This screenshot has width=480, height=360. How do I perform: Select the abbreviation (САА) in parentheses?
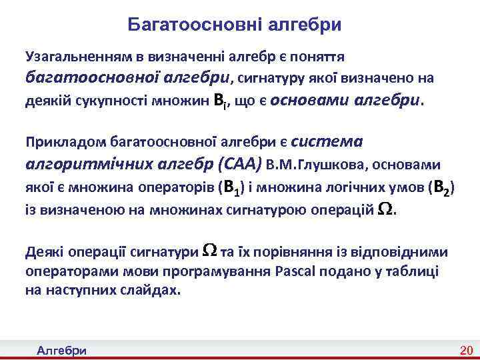pyautogui.click(x=238, y=163)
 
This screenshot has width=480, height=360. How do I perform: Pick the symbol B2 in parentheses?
pyautogui.click(x=442, y=188)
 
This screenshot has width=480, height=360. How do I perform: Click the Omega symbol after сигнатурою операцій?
pyautogui.click(x=385, y=209)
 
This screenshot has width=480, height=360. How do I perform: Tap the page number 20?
pyautogui.click(x=465, y=351)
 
